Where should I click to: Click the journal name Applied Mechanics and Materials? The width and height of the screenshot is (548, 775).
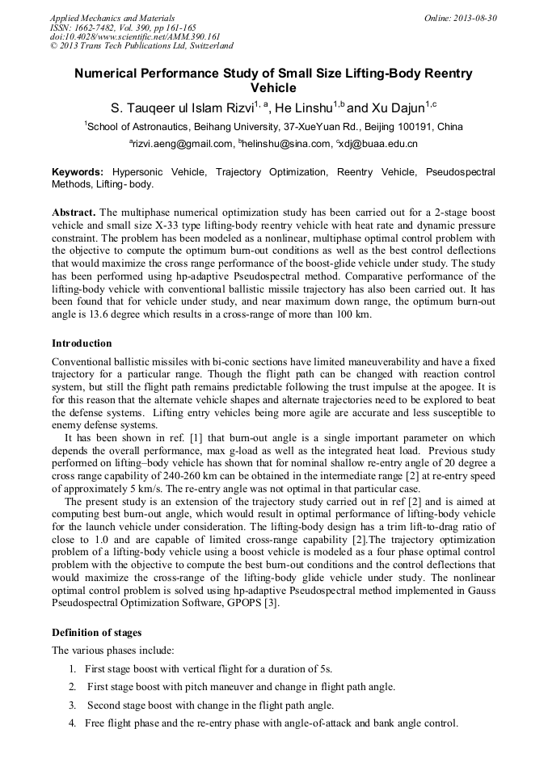[x=112, y=18]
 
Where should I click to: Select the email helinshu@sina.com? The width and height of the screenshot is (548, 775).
[x=287, y=144]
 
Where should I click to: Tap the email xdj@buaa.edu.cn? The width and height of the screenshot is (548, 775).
[x=379, y=144]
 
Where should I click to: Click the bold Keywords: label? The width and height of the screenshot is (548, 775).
[x=78, y=172]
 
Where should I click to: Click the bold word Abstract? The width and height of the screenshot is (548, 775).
[x=74, y=211]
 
